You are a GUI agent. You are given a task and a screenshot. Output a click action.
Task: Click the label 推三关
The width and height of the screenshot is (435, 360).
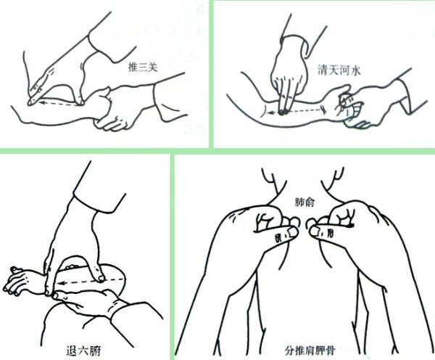tap(143, 67)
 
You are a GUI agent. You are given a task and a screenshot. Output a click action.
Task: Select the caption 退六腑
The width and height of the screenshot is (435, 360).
tap(83, 351)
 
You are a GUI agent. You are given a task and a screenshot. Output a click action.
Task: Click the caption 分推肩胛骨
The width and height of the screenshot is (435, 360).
tap(310, 351)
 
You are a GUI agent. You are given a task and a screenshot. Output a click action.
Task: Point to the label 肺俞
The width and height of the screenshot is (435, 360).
tap(304, 202)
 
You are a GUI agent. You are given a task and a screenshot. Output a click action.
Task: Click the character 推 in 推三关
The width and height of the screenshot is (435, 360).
tap(133, 67)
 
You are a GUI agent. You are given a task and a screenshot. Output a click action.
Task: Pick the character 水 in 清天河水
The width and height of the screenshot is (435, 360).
tap(355, 70)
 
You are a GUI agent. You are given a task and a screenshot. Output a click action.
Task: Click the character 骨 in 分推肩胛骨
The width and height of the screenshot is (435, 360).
tap(330, 351)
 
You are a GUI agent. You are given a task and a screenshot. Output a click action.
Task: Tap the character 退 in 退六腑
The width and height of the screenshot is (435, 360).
tap(72, 351)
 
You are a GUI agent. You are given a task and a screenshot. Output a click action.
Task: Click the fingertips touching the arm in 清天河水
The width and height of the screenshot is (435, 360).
tap(283, 112)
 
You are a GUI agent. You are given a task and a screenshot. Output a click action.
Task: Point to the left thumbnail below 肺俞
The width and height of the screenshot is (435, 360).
tap(291, 232)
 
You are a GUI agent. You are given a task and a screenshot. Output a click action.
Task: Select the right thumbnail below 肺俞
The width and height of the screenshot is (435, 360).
tap(314, 232)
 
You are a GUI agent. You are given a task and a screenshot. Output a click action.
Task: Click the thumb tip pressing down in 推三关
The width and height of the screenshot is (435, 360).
tap(80, 102)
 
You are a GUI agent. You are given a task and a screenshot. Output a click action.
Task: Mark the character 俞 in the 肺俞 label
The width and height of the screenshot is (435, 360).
tap(310, 202)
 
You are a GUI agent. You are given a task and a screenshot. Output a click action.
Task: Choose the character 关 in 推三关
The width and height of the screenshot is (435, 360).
tap(152, 67)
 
